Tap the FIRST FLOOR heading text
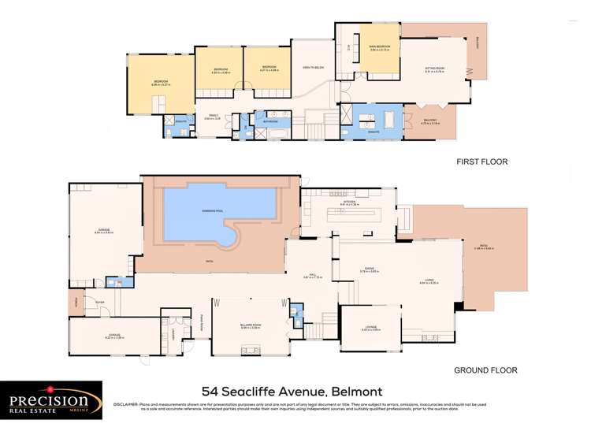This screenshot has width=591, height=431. [481, 162]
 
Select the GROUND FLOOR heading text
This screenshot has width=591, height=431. [485, 370]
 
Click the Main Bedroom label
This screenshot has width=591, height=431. [380, 48]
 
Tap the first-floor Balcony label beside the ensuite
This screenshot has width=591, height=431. [430, 122]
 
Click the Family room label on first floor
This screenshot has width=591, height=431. [210, 117]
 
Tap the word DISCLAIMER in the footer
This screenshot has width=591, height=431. [130, 404]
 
